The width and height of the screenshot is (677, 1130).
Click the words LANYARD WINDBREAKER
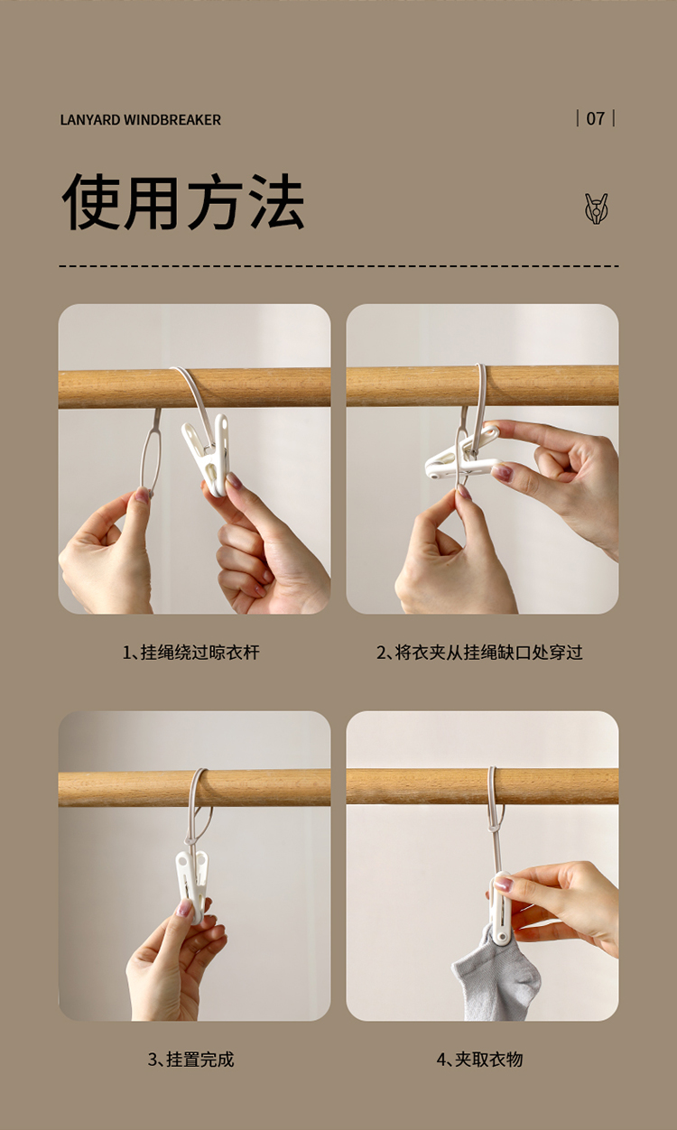(140, 120)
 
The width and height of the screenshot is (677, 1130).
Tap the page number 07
(595, 119)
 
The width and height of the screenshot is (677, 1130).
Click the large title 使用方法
(183, 202)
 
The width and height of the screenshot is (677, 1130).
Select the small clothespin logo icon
(597, 208)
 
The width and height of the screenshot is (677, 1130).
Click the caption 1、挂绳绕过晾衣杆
(191, 653)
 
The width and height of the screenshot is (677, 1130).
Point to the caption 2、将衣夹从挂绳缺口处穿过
(479, 653)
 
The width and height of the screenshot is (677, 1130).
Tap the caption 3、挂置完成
(191, 1060)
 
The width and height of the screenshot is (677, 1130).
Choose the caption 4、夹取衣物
(479, 1060)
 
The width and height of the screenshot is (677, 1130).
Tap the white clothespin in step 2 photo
(461, 454)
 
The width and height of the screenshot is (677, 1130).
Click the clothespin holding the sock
(500, 908)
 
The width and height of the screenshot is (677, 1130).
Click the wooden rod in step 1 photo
(194, 388)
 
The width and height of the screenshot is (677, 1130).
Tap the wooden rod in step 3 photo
(194, 788)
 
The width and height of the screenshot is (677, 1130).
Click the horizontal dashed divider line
(338, 266)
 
